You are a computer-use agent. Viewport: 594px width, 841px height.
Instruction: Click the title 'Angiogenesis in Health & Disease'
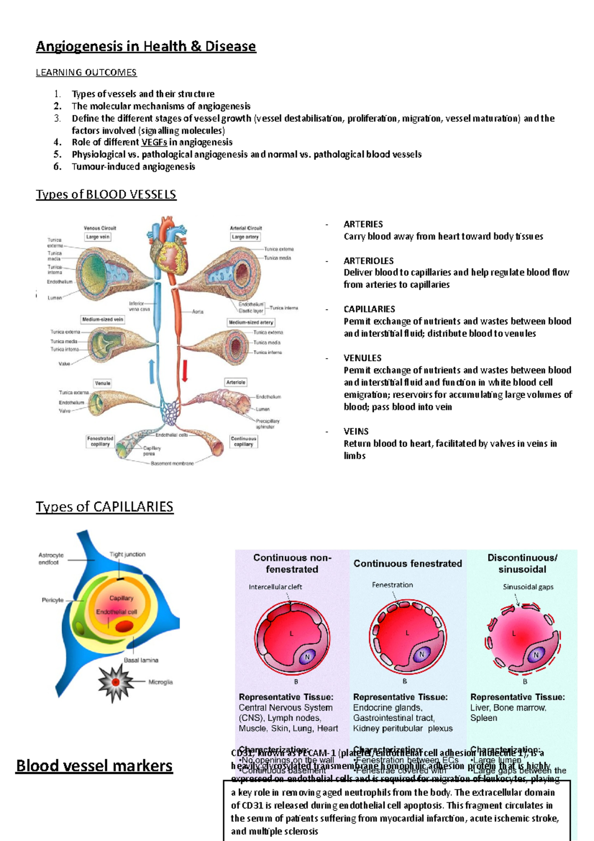[x=146, y=47]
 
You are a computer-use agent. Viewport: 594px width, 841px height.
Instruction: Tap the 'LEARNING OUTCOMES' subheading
[x=86, y=73]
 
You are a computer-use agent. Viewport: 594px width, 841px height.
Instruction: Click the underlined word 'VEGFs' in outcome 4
[x=154, y=143]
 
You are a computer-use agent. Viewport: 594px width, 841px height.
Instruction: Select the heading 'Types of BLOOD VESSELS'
[x=106, y=194]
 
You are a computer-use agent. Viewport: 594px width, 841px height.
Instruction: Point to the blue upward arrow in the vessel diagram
[x=151, y=371]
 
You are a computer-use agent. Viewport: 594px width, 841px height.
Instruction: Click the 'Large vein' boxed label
[x=98, y=237]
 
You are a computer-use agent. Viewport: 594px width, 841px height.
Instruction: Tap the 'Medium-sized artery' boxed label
[x=250, y=322]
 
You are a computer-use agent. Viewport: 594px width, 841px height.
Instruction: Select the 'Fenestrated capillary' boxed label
[x=100, y=441]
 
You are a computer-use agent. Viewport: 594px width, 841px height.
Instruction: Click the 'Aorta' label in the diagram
[x=198, y=312]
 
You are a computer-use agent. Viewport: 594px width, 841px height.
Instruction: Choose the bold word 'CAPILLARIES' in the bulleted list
[x=369, y=309]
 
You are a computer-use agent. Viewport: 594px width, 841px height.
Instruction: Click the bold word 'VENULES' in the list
[x=362, y=358]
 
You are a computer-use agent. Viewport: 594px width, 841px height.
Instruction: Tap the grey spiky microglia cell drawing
[x=115, y=683]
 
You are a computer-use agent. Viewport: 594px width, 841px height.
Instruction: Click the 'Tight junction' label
[x=128, y=555]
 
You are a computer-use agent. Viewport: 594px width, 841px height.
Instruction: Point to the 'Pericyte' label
[x=52, y=600]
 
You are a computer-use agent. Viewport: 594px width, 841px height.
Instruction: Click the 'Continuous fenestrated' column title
[x=407, y=564]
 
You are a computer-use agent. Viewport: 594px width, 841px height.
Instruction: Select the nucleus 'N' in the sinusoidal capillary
[x=536, y=655]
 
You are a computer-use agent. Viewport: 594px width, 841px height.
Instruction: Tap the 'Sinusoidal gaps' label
[x=528, y=587]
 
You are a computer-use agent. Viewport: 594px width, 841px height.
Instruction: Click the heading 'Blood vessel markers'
[x=94, y=766]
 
